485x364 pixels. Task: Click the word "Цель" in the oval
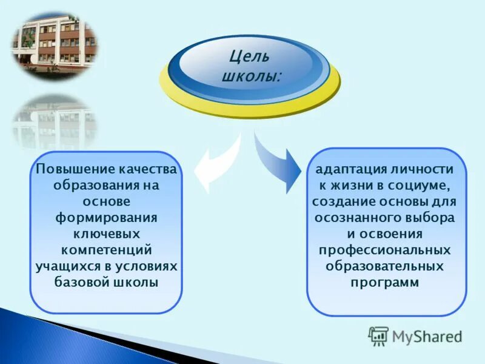coord(249,58)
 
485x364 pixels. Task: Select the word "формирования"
coord(105,217)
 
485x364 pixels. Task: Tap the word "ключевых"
coord(105,234)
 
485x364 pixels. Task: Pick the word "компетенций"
coord(105,250)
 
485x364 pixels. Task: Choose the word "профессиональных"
coord(384,250)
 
